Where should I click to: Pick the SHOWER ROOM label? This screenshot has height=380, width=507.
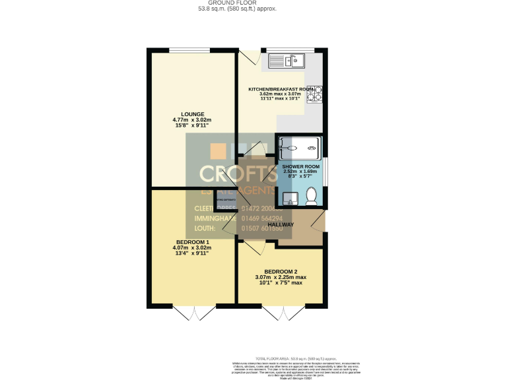click(x=301, y=167)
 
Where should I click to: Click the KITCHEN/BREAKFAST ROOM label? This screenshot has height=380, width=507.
click(x=280, y=89)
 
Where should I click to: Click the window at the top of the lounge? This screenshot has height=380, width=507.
click(x=190, y=50)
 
